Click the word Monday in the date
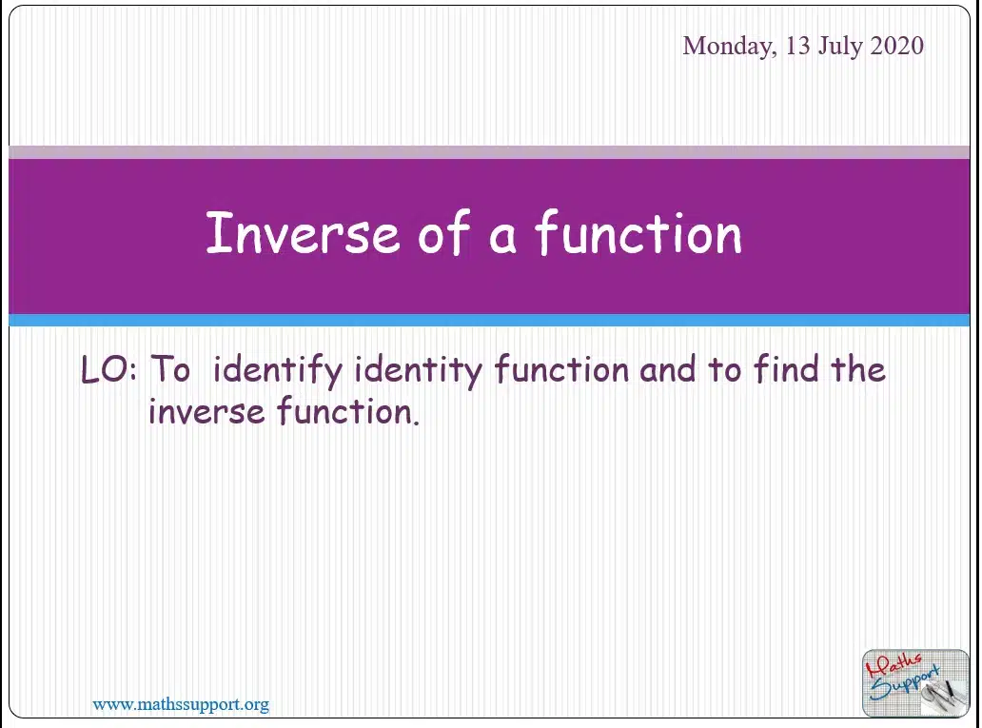pos(730,47)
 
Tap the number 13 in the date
pos(797,45)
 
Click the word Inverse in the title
pos(303,232)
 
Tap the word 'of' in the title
pos(444,231)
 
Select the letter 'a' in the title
pos(502,239)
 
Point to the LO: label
pos(108,368)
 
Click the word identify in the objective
pos(278,370)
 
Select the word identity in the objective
pos(418,370)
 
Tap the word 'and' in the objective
pos(668,368)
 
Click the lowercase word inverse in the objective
pos(206,411)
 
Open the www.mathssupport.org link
pos(181,705)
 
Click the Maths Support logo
pos(915,683)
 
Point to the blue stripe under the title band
pos(489,320)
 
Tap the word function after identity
pos(561,368)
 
